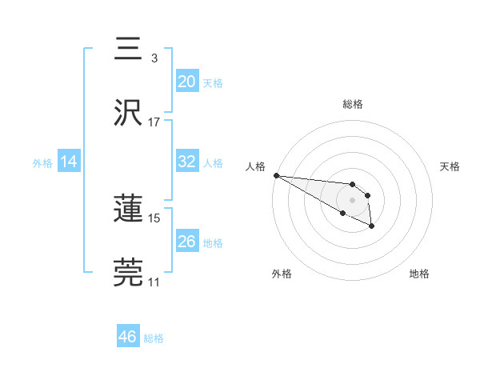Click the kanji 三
pyautogui.click(x=130, y=50)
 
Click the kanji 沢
pyautogui.click(x=130, y=112)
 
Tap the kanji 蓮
pyautogui.click(x=130, y=209)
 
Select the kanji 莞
pyautogui.click(x=130, y=272)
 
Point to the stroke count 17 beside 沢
pyautogui.click(x=154, y=122)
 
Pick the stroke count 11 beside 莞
pyautogui.click(x=154, y=282)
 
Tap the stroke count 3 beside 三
pyautogui.click(x=154, y=58)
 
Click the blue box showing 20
pyautogui.click(x=186, y=82)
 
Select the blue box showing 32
pyautogui.click(x=186, y=162)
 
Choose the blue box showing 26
pyautogui.click(x=186, y=241)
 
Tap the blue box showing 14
pyautogui.click(x=69, y=162)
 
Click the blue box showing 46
pyautogui.click(x=127, y=337)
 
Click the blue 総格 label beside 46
pyautogui.click(x=154, y=338)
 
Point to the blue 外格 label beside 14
pyautogui.click(x=42, y=163)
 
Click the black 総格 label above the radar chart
pyautogui.click(x=352, y=104)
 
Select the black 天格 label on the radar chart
pyautogui.click(x=450, y=166)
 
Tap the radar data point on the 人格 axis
pyautogui.click(x=276, y=175)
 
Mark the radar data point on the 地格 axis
pyautogui.click(x=371, y=226)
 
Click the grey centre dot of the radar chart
pyautogui.click(x=352, y=199)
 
